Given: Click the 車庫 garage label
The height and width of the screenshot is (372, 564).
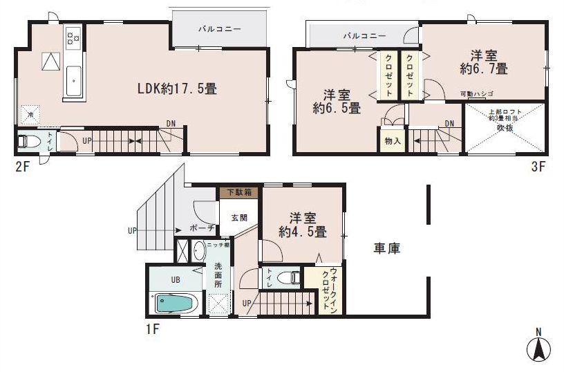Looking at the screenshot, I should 388,247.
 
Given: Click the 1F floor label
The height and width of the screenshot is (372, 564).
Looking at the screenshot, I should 153,329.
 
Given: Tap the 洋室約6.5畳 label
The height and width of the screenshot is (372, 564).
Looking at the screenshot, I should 335,101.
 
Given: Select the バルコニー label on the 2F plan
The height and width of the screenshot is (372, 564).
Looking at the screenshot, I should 218,30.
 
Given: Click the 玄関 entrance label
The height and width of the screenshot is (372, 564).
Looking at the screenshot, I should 238,217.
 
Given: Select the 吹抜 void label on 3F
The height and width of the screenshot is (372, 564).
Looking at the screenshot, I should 505,127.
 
